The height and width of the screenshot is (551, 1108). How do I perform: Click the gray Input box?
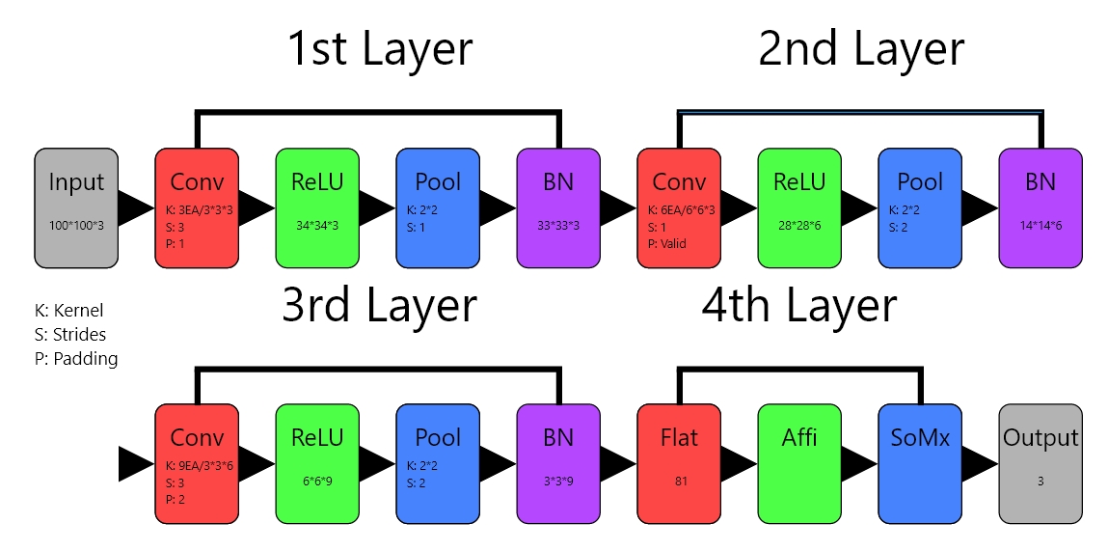76,207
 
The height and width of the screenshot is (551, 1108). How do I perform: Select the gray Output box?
1040,463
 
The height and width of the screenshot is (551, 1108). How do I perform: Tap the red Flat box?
679,463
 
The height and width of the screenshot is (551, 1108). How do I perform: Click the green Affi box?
799,463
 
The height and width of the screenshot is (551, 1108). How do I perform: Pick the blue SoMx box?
920,463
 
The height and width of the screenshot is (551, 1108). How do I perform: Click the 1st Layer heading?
380,49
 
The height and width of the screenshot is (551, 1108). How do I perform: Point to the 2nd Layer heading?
861,49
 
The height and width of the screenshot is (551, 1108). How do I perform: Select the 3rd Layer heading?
379,306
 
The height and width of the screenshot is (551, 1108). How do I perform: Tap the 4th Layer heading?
799,306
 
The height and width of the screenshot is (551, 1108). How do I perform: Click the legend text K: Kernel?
68,311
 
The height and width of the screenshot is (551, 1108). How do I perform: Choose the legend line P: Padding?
75,359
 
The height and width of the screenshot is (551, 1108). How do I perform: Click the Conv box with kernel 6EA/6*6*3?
679,207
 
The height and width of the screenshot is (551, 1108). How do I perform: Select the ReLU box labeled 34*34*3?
317,207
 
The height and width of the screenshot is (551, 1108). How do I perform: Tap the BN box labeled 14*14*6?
1040,207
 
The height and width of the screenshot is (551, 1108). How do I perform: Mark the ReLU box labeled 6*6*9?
317,463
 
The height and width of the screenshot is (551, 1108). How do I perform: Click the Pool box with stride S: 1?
438,207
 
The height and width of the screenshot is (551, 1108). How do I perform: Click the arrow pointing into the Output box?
979,463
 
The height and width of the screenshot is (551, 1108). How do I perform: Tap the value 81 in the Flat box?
679,480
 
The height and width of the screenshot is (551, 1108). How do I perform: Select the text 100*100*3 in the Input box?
76,224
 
